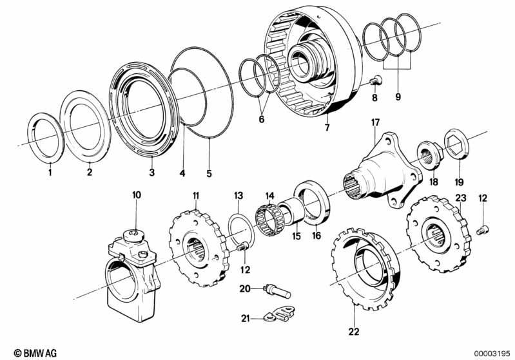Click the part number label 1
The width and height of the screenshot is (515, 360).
click(49, 173)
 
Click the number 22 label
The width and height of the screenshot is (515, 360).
click(353, 332)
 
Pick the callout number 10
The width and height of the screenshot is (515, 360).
click(136, 194)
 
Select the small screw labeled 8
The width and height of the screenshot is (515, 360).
click(376, 81)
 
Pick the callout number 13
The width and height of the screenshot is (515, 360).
click(238, 194)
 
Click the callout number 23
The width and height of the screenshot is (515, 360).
click(460, 198)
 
